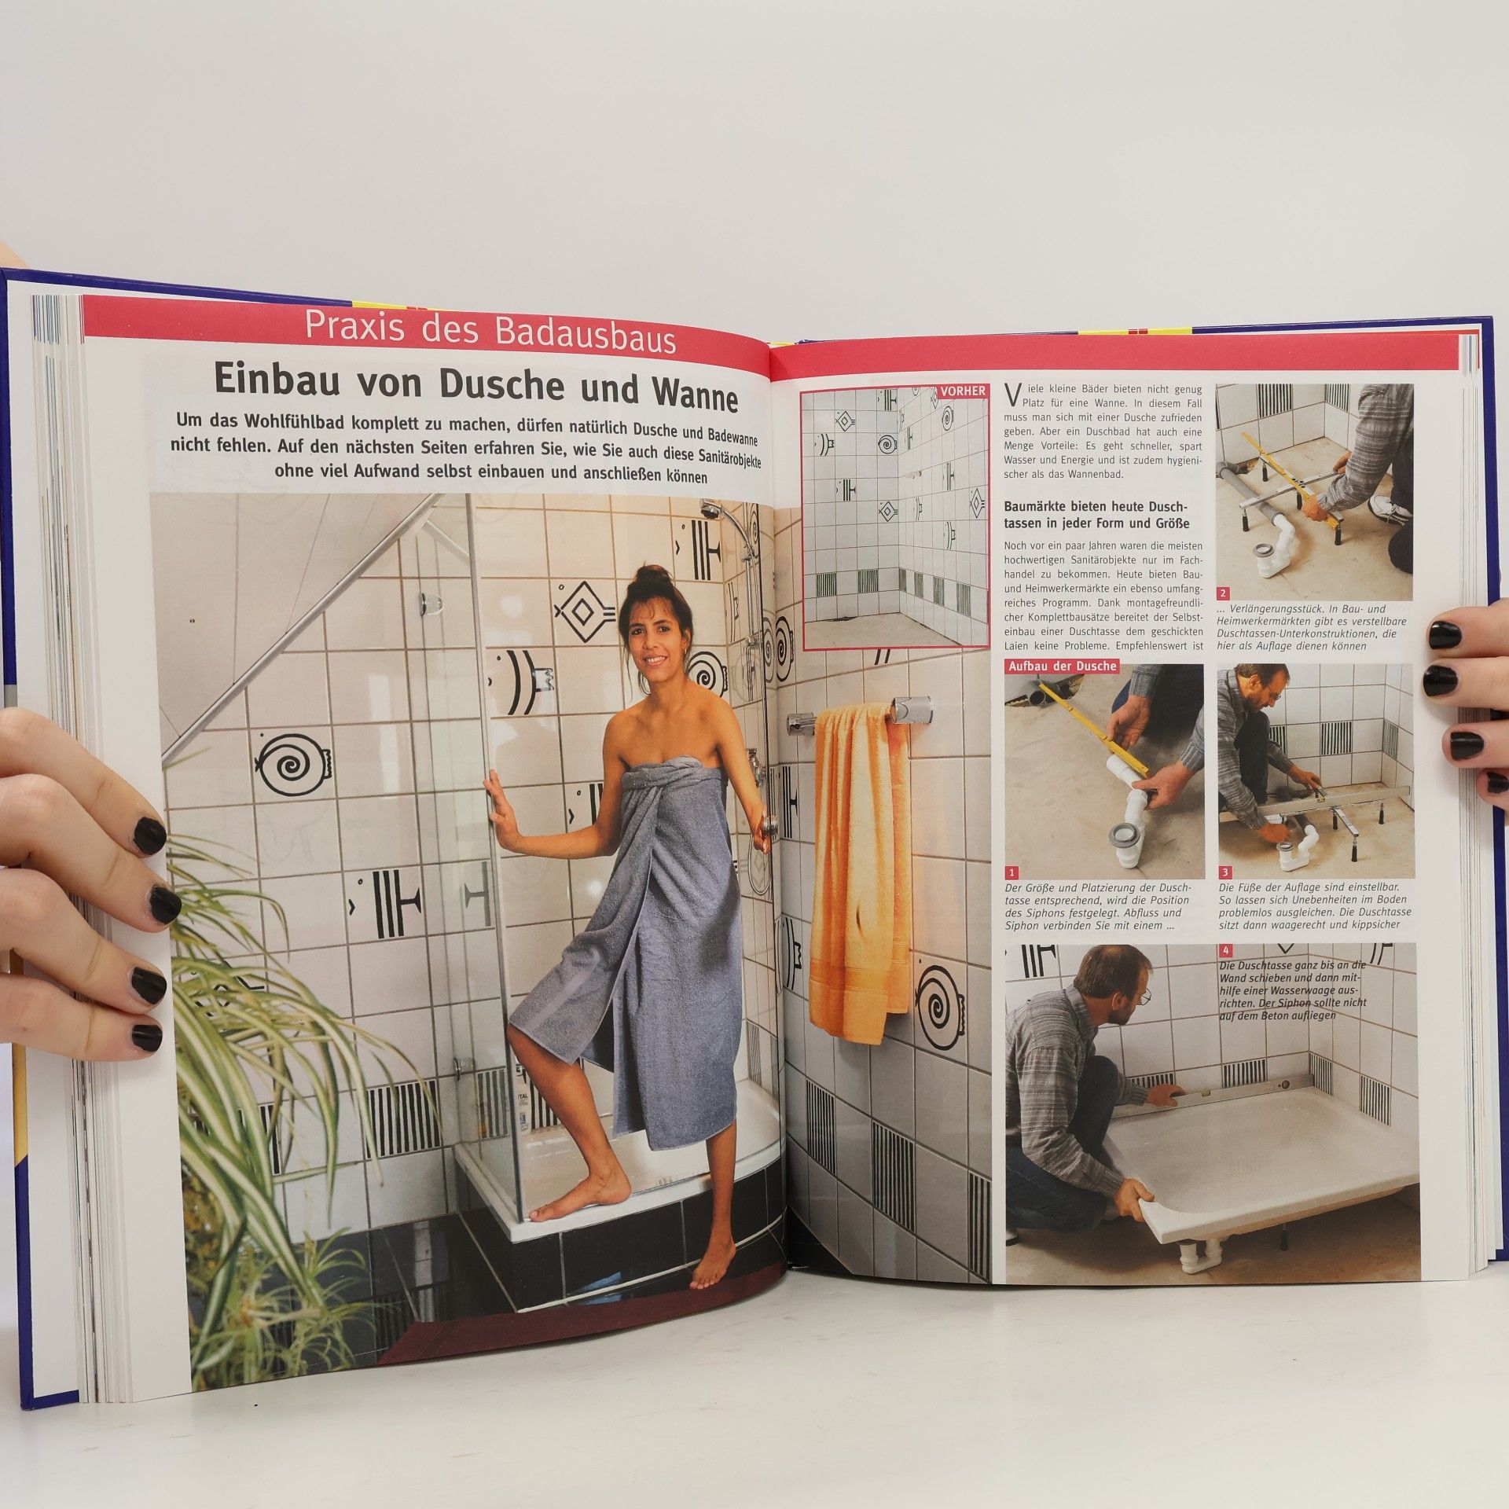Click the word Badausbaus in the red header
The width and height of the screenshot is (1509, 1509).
(x=585, y=337)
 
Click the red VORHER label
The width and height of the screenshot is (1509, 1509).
(x=963, y=391)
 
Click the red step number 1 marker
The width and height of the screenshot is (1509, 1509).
(x=1012, y=872)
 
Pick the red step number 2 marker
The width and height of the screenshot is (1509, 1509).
(x=1223, y=593)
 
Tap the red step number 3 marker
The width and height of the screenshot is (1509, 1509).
(x=1225, y=872)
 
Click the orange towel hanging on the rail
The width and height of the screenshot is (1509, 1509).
(x=860, y=872)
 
